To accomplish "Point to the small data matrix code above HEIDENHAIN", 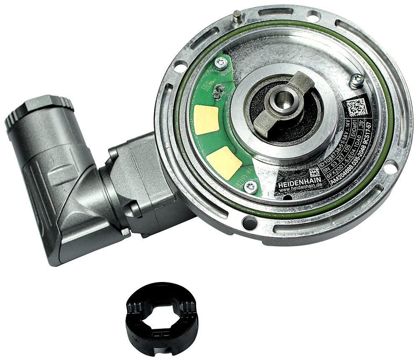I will [314, 172].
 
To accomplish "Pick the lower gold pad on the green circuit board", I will [224, 163].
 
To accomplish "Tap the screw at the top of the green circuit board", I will [220, 64].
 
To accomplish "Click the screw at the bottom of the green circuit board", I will [250, 187].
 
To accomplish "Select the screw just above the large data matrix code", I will [356, 80].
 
